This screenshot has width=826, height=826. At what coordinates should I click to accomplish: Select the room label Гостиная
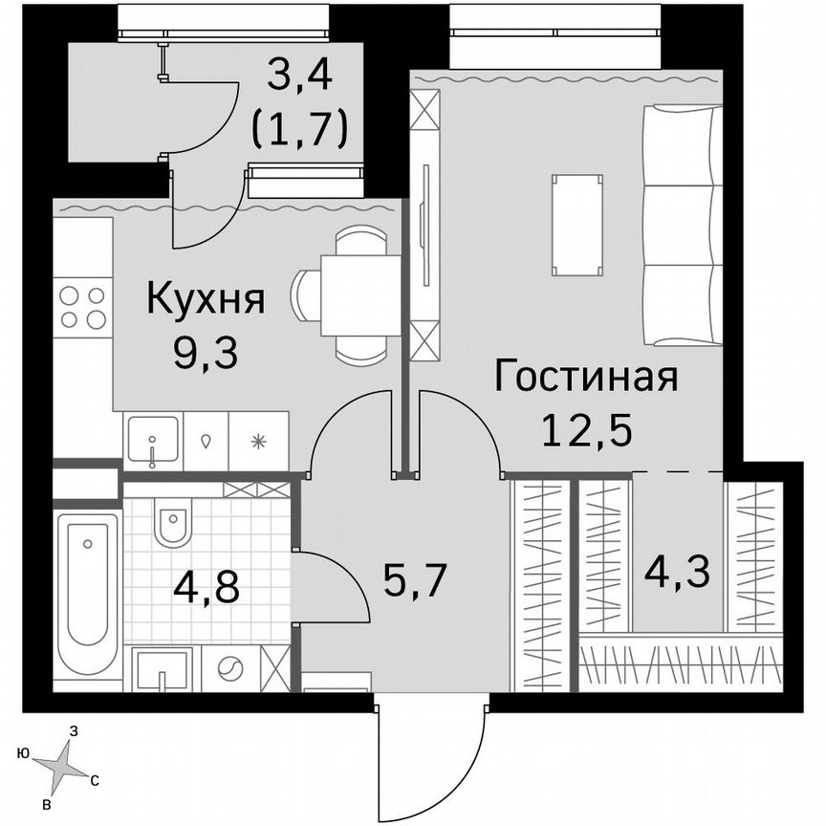click(x=585, y=378)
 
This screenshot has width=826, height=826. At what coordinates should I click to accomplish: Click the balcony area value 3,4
click(x=298, y=76)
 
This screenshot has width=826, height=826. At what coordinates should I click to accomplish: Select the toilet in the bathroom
click(x=173, y=525)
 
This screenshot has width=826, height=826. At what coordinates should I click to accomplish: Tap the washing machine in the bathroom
click(x=228, y=667)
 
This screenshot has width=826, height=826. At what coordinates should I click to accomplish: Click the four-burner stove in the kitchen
click(x=82, y=307)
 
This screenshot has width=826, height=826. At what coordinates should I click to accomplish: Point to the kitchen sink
click(x=152, y=440)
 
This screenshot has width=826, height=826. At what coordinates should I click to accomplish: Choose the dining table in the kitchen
click(x=359, y=295)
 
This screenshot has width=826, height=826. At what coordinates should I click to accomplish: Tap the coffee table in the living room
click(x=577, y=225)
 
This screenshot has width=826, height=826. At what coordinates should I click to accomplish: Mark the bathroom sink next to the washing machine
click(x=162, y=668)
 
